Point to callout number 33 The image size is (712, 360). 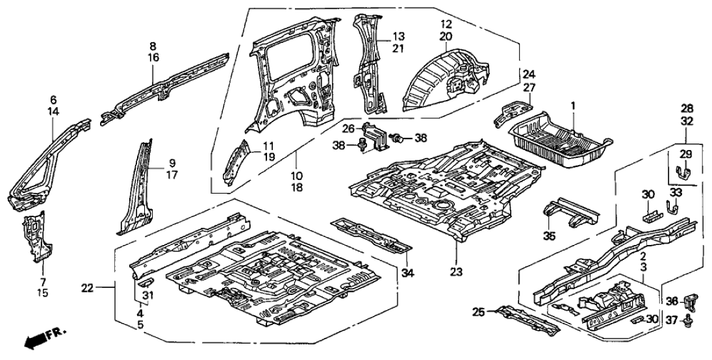coord(675,192)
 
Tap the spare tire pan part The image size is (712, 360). coord(559,140)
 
